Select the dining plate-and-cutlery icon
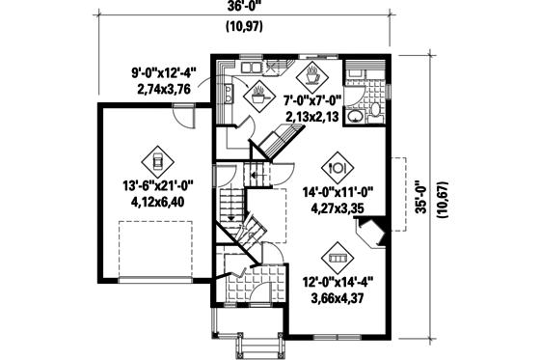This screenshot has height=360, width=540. tap(337, 162)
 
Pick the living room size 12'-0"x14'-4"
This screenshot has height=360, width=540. tap(336, 285)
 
